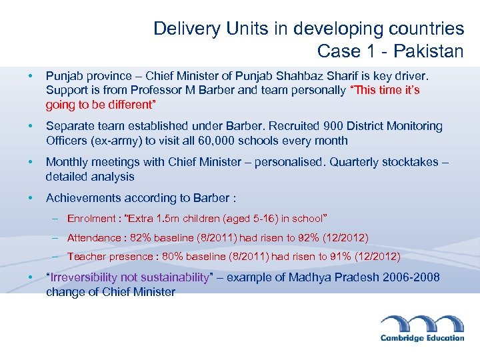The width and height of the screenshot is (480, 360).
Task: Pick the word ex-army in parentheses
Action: click(x=109, y=141)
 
